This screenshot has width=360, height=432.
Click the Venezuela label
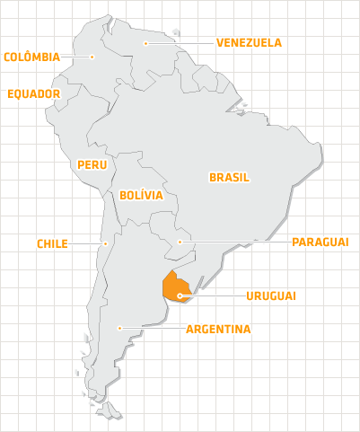point(249,41)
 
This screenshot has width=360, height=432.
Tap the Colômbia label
point(31,57)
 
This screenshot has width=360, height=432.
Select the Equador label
point(34,93)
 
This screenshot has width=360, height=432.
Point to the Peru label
point(92,164)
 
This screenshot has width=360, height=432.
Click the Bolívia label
point(140,194)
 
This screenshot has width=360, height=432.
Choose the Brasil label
point(229,177)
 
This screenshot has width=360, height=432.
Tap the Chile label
point(52,243)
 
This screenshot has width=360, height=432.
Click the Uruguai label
point(271,295)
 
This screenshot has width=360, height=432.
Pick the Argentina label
point(218,329)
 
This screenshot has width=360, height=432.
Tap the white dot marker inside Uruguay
point(180,295)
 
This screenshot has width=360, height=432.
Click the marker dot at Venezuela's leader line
point(146,42)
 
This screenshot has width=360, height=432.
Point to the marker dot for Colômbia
point(92,57)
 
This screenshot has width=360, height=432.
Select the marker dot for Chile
point(105,243)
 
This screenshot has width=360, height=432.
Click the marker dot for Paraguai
point(180,242)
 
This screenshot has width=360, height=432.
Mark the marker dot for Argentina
point(119,328)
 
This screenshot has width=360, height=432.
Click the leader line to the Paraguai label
point(233,242)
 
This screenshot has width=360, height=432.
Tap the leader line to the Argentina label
point(153,328)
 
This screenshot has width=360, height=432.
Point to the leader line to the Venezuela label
point(180,42)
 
